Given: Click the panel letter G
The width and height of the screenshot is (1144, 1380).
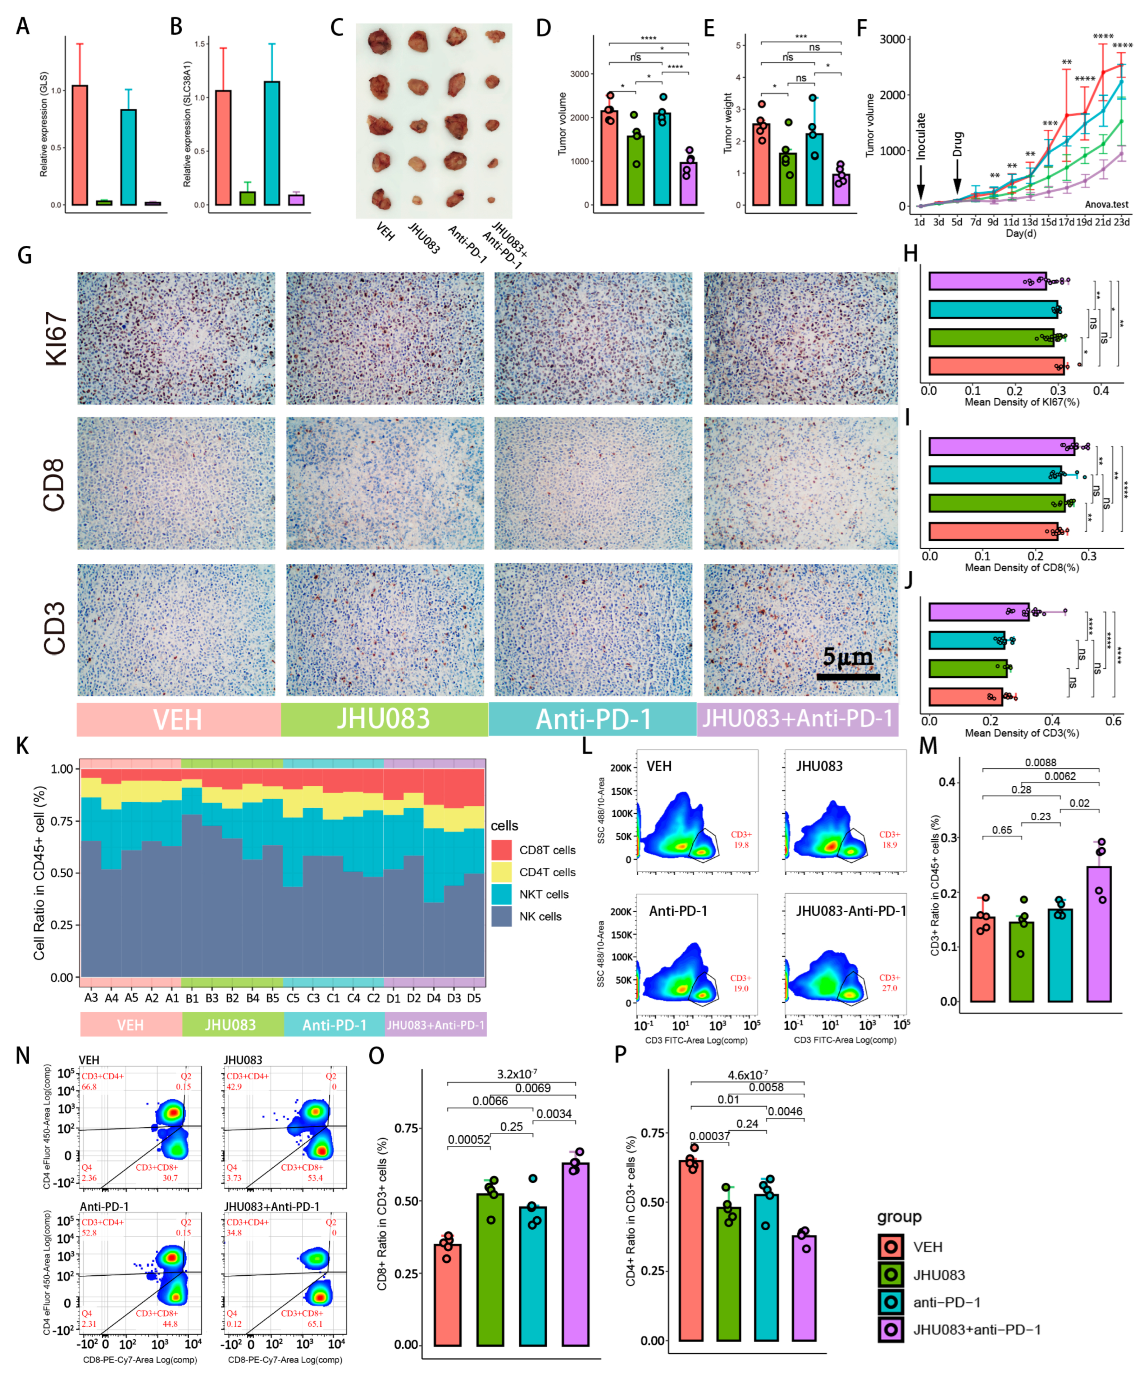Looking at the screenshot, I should click(24, 254).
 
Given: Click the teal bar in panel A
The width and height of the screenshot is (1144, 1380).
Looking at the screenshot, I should click(129, 158).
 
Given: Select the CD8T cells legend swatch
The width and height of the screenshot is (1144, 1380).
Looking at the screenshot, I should click(501, 850).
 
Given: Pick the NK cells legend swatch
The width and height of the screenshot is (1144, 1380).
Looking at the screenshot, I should click(501, 916).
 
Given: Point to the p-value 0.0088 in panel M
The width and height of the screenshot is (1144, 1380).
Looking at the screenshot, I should click(1040, 762).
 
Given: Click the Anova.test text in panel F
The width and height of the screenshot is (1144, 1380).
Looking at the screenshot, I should click(1106, 204).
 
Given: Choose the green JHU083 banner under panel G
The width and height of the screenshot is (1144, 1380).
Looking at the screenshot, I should click(384, 719).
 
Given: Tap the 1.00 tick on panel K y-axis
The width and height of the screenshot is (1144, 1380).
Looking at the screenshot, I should click(62, 769).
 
